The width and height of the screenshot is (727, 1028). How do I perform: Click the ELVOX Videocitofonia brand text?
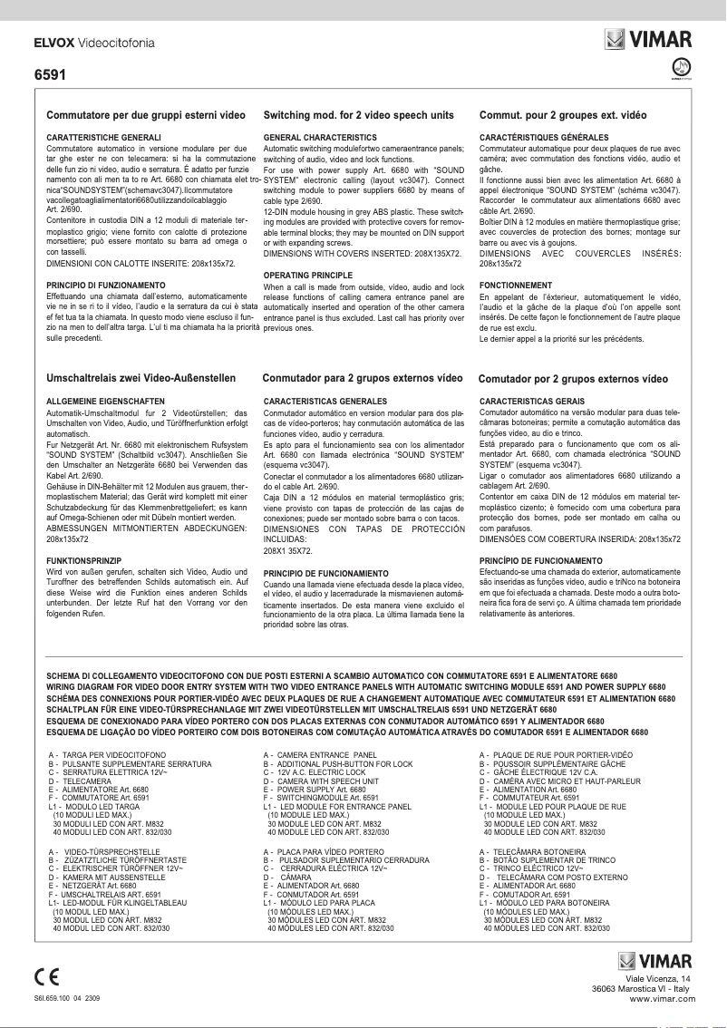(x=93, y=43)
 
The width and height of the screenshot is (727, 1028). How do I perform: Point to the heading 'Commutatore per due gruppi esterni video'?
(x=146, y=117)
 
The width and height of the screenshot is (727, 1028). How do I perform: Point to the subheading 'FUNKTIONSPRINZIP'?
(x=85, y=562)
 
